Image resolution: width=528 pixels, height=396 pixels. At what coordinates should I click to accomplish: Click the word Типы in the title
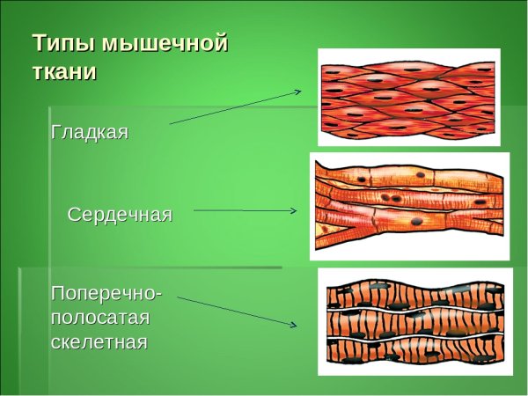pos(64,43)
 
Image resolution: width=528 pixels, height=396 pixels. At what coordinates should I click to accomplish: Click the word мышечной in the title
pos(165,43)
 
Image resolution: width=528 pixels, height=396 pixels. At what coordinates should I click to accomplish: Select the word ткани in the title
pos(64,71)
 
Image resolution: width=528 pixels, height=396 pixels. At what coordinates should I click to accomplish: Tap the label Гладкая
pos(90,133)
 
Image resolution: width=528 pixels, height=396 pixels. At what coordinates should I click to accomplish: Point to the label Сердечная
pos(120,215)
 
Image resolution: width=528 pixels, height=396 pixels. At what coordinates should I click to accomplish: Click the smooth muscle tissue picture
pos(408,96)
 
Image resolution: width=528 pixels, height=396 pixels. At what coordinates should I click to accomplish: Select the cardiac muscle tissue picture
pos(409,206)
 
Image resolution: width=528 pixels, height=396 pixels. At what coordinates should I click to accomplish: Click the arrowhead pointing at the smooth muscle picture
pos(298,91)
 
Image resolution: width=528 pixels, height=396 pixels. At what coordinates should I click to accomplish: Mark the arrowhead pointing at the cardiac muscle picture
pos(293,211)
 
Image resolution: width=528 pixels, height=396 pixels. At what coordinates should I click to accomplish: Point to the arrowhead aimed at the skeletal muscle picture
pos(294,325)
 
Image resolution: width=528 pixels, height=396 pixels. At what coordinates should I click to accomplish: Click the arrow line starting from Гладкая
pos(233,106)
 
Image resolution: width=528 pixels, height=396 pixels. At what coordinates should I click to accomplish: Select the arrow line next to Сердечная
pos(242,210)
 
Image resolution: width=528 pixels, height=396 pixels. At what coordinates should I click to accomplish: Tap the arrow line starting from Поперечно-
pos(236,311)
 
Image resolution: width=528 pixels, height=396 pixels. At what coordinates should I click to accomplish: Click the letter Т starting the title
pos(40,43)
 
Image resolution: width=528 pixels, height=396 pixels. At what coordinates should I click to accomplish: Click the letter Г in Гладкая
pos(56,133)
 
